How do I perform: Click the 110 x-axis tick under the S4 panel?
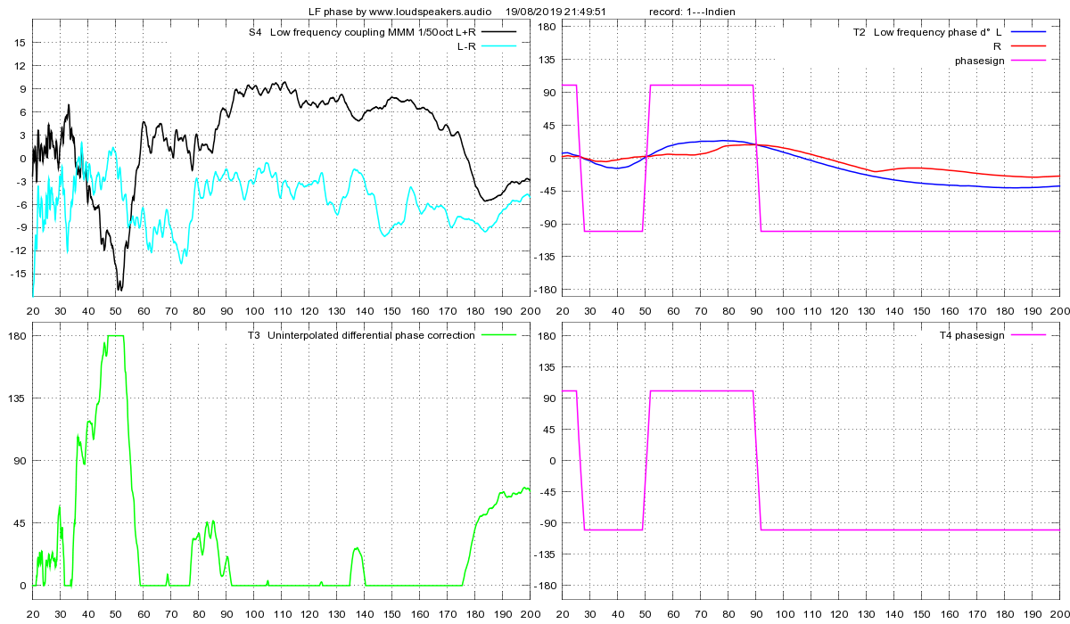click(281, 311)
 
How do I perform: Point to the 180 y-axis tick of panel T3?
click(16, 336)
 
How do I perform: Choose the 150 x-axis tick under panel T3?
click(391, 614)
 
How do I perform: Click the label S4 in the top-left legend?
click(255, 33)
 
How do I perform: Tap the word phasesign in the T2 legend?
click(979, 61)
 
